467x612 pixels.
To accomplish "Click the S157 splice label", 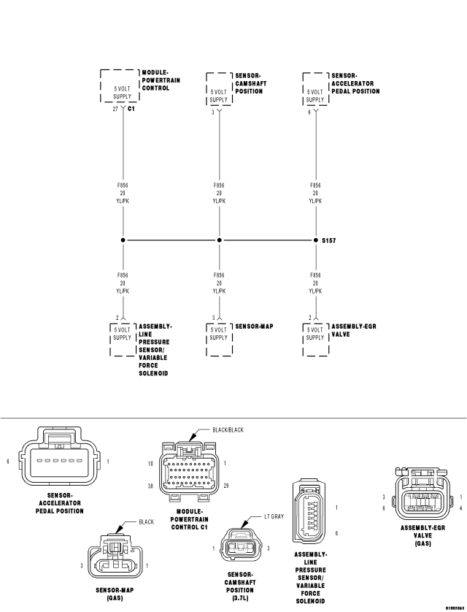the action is tap(328, 240).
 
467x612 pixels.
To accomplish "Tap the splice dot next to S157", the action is tap(316, 240).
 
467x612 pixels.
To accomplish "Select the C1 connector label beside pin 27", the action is tap(131, 109).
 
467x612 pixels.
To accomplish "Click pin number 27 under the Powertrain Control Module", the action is tap(115, 109).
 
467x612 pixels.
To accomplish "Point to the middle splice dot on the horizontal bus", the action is tap(219, 240).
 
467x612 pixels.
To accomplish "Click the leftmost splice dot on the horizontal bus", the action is tap(123, 240).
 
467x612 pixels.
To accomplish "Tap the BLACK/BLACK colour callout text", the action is tap(228, 429).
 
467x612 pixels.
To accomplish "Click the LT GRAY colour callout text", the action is tap(274, 516).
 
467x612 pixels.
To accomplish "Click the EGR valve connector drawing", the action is tap(423, 494).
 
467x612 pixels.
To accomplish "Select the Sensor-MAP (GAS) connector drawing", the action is tap(115, 556).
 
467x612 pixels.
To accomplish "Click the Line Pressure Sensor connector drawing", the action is tap(309, 513).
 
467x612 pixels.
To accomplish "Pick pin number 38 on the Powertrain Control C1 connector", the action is tap(150, 486).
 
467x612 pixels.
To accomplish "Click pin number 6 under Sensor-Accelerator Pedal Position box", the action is tap(309, 112).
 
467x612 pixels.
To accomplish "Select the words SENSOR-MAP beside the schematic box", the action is tap(254, 326).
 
